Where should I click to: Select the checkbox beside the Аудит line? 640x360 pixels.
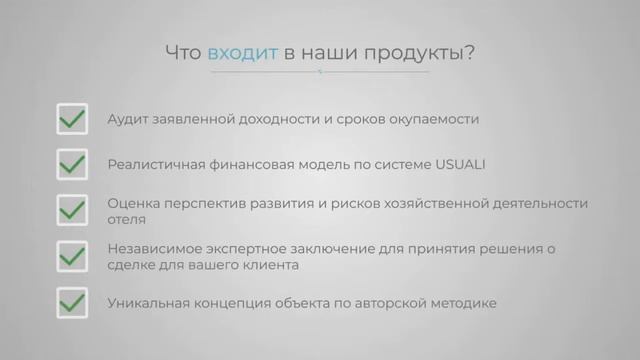[x=72, y=119]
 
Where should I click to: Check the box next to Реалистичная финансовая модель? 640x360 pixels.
[x=72, y=163]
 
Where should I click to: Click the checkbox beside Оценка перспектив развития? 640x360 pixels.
[x=72, y=210]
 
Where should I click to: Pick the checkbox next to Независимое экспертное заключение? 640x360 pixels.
[x=72, y=256]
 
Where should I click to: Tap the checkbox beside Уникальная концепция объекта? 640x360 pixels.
[x=72, y=301]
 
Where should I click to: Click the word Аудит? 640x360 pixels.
[x=128, y=119]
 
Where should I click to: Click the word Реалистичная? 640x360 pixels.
[x=152, y=163]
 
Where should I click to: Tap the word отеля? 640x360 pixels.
[x=127, y=219]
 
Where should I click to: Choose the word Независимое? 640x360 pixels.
[x=153, y=247]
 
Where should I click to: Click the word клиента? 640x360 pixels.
[x=299, y=265]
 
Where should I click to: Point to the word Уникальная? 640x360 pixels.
[x=148, y=301]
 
